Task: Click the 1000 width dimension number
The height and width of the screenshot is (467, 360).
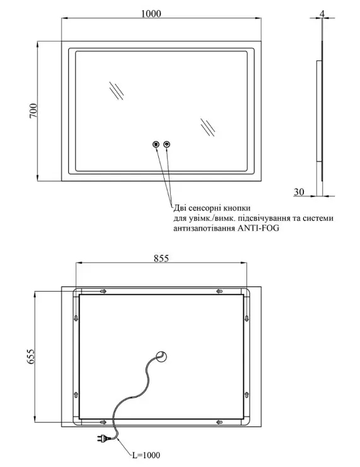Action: tap(151, 13)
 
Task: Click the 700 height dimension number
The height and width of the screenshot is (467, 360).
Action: tap(33, 111)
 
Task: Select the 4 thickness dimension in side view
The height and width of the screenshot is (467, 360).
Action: tap(323, 13)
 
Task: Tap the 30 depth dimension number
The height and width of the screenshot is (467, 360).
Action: tap(299, 191)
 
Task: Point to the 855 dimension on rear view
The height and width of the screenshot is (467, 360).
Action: tap(161, 258)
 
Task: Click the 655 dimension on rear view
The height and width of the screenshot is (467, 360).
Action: tap(31, 356)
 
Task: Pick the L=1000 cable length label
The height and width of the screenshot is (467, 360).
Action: tap(146, 455)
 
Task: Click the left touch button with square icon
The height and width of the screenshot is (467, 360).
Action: tap(156, 145)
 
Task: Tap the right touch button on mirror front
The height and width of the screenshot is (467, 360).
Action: tap(167, 145)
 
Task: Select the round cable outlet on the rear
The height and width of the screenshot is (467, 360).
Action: tap(162, 357)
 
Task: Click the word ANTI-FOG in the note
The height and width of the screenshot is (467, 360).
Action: tap(258, 228)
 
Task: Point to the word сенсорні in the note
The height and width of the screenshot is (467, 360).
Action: tap(207, 208)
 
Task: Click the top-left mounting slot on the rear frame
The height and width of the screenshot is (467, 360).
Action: tap(103, 291)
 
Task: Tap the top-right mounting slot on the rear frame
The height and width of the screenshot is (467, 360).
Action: tap(219, 291)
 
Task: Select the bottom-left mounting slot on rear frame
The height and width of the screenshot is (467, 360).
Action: tap(103, 422)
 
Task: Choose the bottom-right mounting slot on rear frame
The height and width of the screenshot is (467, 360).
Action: tap(219, 422)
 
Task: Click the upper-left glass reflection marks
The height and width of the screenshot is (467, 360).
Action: tap(116, 91)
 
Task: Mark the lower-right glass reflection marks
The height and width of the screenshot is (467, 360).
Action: tap(207, 127)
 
